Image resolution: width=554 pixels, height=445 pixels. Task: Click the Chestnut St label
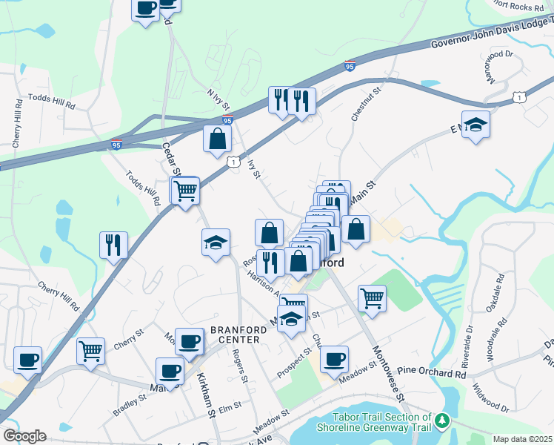(x=365, y=104)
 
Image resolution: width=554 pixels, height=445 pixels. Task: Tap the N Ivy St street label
(x=219, y=101)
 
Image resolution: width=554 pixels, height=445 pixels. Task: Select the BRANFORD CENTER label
(x=236, y=334)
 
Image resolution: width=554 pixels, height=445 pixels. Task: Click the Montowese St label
(x=388, y=373)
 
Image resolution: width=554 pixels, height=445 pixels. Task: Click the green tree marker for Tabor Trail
(x=442, y=421)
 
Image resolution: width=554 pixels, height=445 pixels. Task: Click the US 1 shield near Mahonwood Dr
(x=519, y=97)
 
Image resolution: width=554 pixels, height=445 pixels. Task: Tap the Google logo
(x=24, y=436)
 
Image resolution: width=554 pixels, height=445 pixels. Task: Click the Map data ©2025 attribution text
(x=521, y=438)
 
